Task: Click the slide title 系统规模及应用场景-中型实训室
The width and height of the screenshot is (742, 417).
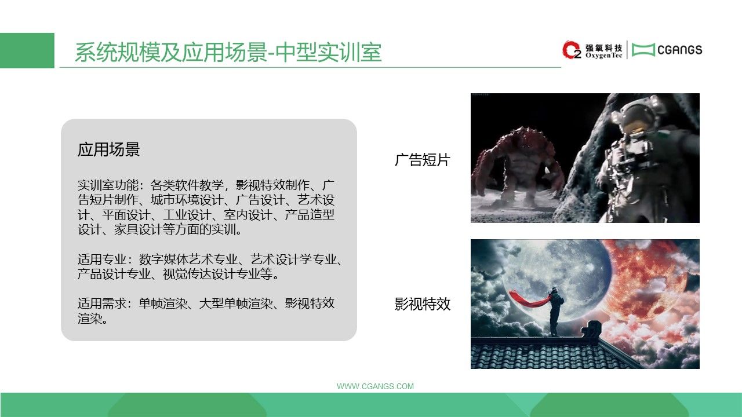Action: [x=228, y=52]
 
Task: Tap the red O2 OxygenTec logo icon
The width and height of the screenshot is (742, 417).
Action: [x=572, y=50]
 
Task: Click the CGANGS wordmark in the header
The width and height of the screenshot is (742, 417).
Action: [x=680, y=50]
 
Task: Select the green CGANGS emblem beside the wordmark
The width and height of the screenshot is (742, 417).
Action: [x=643, y=50]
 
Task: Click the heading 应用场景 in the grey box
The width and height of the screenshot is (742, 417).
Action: [x=108, y=149]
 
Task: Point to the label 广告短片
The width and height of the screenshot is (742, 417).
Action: [x=423, y=160]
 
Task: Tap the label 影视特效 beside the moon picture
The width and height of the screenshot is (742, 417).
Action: [x=423, y=304]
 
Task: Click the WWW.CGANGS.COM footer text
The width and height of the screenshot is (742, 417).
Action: [x=375, y=386]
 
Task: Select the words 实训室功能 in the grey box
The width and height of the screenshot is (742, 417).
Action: [x=108, y=185]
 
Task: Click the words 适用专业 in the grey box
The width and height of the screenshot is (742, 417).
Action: [x=102, y=259]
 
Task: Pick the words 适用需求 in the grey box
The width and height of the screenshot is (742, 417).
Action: [x=102, y=303]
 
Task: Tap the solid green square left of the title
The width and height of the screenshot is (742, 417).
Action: [x=27, y=50]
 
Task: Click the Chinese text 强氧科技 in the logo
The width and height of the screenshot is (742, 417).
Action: [x=604, y=47]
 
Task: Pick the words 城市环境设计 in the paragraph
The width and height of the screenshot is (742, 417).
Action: [x=187, y=200]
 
